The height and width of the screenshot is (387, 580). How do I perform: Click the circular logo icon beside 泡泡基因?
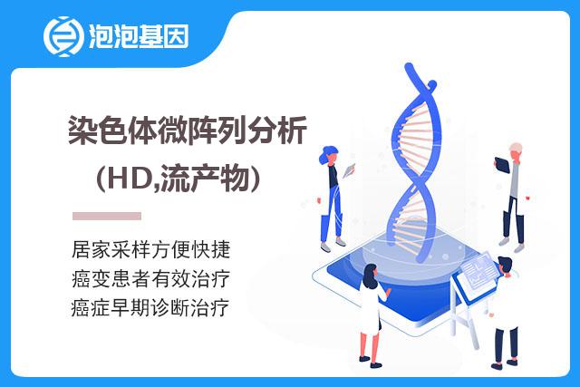coord(62,36)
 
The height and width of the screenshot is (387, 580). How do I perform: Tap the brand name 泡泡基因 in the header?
coord(139,36)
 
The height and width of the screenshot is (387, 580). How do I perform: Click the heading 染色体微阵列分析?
coord(188,130)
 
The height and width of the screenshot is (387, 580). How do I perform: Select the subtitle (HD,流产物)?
coord(179,179)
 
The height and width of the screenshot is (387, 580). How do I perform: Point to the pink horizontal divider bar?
coord(107,216)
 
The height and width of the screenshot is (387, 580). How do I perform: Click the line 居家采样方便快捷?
coord(151,249)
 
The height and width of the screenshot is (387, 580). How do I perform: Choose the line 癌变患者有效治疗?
coord(151,278)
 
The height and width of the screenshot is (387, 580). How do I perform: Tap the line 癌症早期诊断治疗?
coord(150,308)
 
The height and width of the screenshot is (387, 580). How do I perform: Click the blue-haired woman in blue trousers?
coord(333,198)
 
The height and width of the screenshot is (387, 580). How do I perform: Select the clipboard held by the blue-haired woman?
coord(349,170)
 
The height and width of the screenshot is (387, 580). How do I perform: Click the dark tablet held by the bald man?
coord(502,165)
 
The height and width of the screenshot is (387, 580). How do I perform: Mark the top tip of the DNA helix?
coord(409,65)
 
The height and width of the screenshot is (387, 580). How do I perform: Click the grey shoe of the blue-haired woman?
coord(325,247)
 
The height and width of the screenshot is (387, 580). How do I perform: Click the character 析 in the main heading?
coord(293,130)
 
